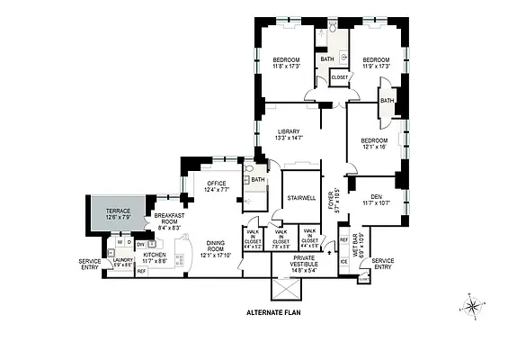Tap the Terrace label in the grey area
118,213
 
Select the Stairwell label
301,197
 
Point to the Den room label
375,199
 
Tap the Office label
217,186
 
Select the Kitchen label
156,258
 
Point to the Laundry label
123,262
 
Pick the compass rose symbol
471,306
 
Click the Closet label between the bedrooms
340,78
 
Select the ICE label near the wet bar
343,261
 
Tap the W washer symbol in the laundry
120,243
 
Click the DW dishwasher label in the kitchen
140,243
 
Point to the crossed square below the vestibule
286,291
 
